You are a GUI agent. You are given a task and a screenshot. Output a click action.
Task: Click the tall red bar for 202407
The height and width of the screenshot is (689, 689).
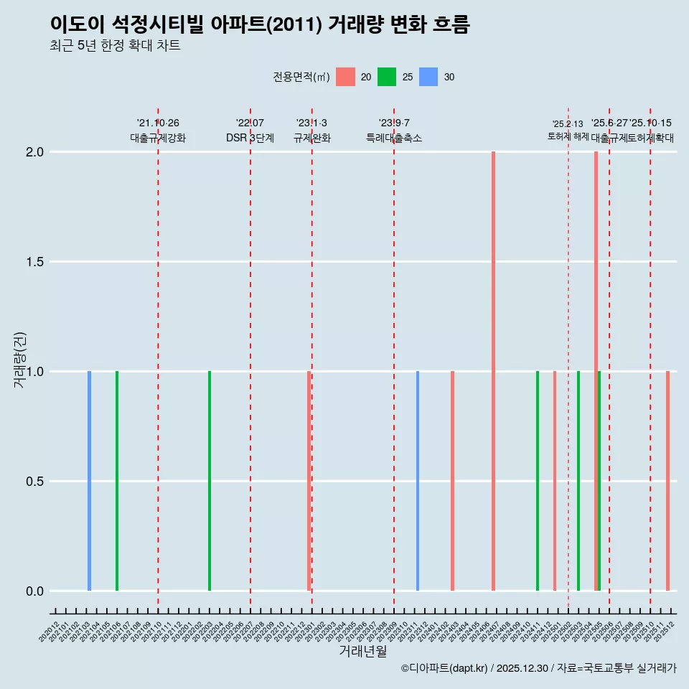[x=493, y=371]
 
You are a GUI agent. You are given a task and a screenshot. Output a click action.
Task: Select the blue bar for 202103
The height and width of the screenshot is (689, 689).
[x=89, y=481]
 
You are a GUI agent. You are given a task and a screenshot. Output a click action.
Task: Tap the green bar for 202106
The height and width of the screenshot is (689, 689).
[x=117, y=481]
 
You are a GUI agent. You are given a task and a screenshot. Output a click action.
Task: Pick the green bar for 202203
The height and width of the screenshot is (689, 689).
[x=210, y=481]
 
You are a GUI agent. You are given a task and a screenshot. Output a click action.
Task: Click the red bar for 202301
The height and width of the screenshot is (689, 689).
[x=309, y=481]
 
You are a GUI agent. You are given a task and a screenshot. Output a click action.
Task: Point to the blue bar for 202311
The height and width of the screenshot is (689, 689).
[x=418, y=481]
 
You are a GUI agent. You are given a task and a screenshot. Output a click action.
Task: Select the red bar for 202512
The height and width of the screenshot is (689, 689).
[x=667, y=481]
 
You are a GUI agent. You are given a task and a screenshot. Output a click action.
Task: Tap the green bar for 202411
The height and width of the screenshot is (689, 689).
[x=538, y=481]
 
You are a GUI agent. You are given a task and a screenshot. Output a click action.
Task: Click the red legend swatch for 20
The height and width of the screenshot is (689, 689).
[x=345, y=77]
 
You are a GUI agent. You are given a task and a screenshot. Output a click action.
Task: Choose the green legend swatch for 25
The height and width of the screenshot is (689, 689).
[x=387, y=77]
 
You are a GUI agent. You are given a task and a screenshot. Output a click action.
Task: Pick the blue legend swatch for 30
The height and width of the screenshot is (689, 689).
[x=428, y=77]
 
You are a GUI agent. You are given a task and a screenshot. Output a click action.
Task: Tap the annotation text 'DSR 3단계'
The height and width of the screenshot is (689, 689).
[x=250, y=138]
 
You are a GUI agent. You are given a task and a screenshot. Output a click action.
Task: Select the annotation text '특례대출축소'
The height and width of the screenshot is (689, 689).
[x=393, y=138]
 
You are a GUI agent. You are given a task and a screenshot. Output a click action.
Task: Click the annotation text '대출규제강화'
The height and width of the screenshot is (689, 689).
[x=158, y=138]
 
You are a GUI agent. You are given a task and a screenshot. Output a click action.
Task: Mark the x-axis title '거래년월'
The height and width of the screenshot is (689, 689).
[x=362, y=652]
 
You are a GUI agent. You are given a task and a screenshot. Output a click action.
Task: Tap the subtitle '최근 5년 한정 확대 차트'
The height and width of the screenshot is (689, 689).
[x=115, y=46]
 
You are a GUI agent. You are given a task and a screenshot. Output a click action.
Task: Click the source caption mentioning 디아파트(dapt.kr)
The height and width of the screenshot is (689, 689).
[x=538, y=669]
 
